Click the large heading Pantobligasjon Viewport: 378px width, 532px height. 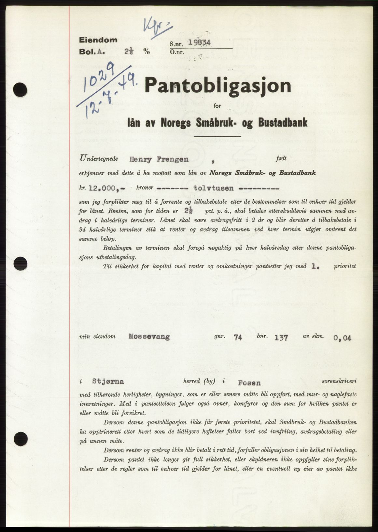coord(217,87)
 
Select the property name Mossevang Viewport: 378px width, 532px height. coord(149,337)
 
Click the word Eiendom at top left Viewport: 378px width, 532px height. coord(98,40)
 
